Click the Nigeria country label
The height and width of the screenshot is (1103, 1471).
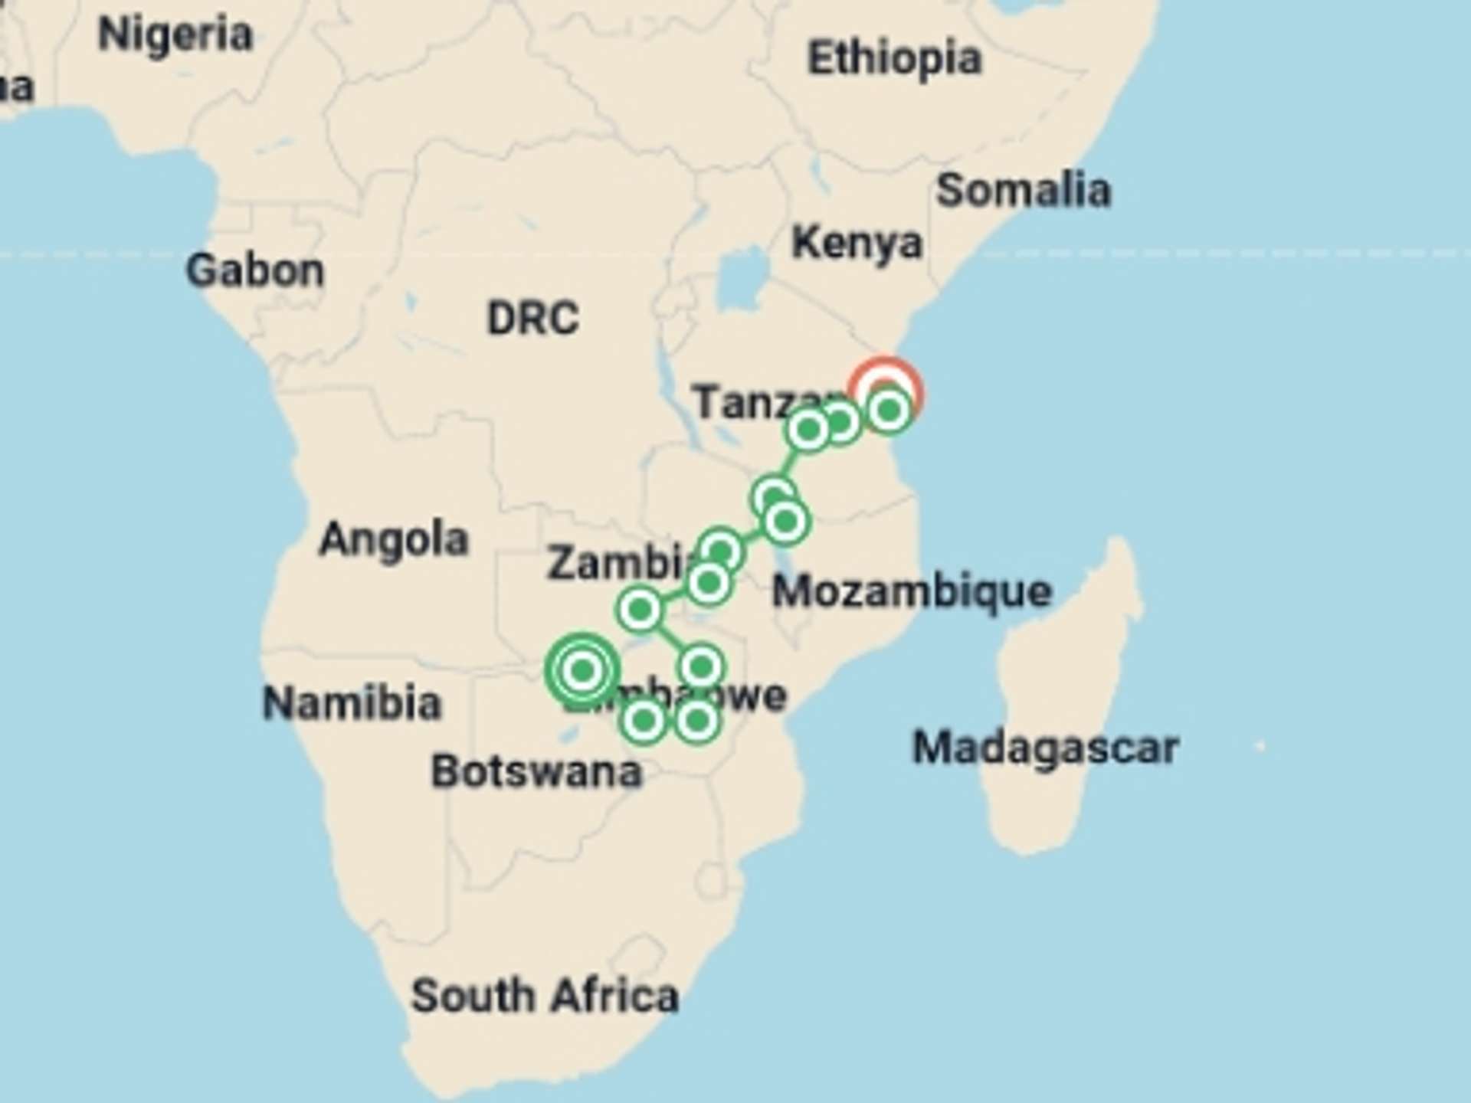pos(175,35)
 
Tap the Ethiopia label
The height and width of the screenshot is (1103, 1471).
pos(894,59)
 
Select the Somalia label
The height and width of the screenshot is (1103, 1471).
pos(1023,191)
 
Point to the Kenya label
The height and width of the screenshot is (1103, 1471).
pos(857,244)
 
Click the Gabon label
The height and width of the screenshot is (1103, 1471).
pos(255,271)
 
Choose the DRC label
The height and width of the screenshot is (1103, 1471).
pos(533,319)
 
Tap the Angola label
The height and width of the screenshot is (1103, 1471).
pos(393,540)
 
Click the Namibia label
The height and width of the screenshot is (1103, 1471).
pos(352,703)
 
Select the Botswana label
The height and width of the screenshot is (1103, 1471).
pos(536,772)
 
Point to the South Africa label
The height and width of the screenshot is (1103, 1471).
pos(545,997)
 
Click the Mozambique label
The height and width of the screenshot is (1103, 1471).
pos(912,592)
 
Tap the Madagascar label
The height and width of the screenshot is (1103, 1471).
pos(1045,748)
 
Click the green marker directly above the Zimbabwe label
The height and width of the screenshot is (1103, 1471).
pos(701,666)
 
